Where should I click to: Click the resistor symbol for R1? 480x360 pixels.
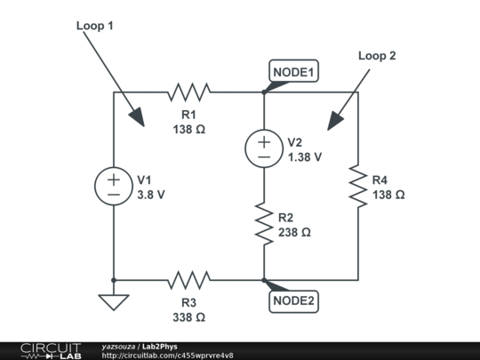188,91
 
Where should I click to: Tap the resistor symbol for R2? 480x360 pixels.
264,223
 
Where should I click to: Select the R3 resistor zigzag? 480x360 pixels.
188,279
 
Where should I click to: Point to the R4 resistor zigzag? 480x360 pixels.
358,185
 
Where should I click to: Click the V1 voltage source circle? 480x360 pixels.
114,185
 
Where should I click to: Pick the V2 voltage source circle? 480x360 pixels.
264,148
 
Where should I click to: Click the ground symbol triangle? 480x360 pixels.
114,302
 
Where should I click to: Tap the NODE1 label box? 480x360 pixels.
293,72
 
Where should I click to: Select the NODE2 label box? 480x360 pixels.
293,300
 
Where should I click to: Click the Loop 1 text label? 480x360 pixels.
94,27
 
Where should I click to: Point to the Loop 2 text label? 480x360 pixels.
377,55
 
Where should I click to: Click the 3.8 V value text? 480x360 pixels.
151,194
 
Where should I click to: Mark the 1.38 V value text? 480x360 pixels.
305,156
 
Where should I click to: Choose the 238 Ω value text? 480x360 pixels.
294,232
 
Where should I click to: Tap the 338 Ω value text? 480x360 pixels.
188,316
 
